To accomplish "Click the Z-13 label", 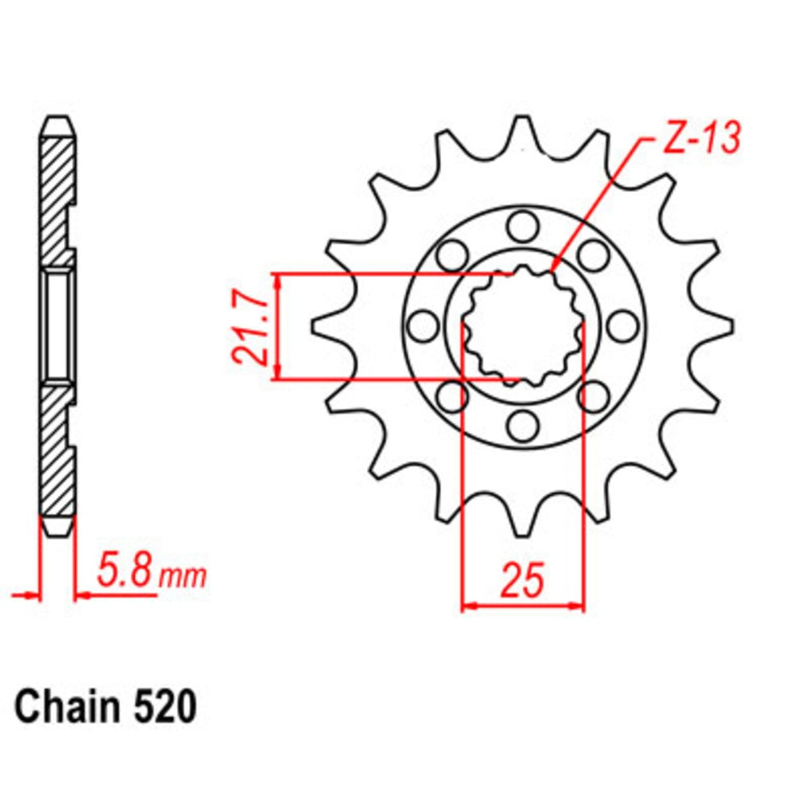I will point(700,138).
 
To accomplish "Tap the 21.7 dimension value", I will point(246,327).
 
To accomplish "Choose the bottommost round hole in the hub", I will point(522,424).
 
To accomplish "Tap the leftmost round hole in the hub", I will point(421,326).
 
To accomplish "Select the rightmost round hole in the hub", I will point(621,326).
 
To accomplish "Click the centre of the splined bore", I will point(522,326).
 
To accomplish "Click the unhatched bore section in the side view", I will point(59,325).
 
